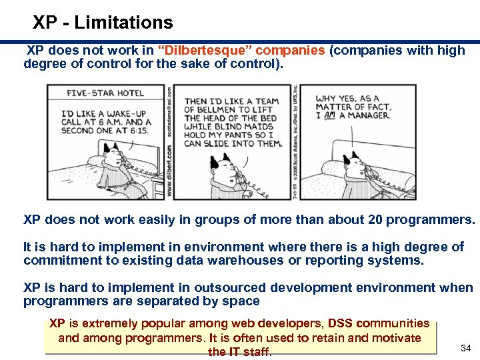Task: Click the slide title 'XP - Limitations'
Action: point(103,23)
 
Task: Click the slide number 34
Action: point(465,347)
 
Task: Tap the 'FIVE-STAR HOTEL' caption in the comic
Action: point(105,93)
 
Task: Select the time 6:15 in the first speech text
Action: point(137,130)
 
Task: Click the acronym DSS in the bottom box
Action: point(341,324)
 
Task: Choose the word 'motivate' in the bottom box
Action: point(397,338)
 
